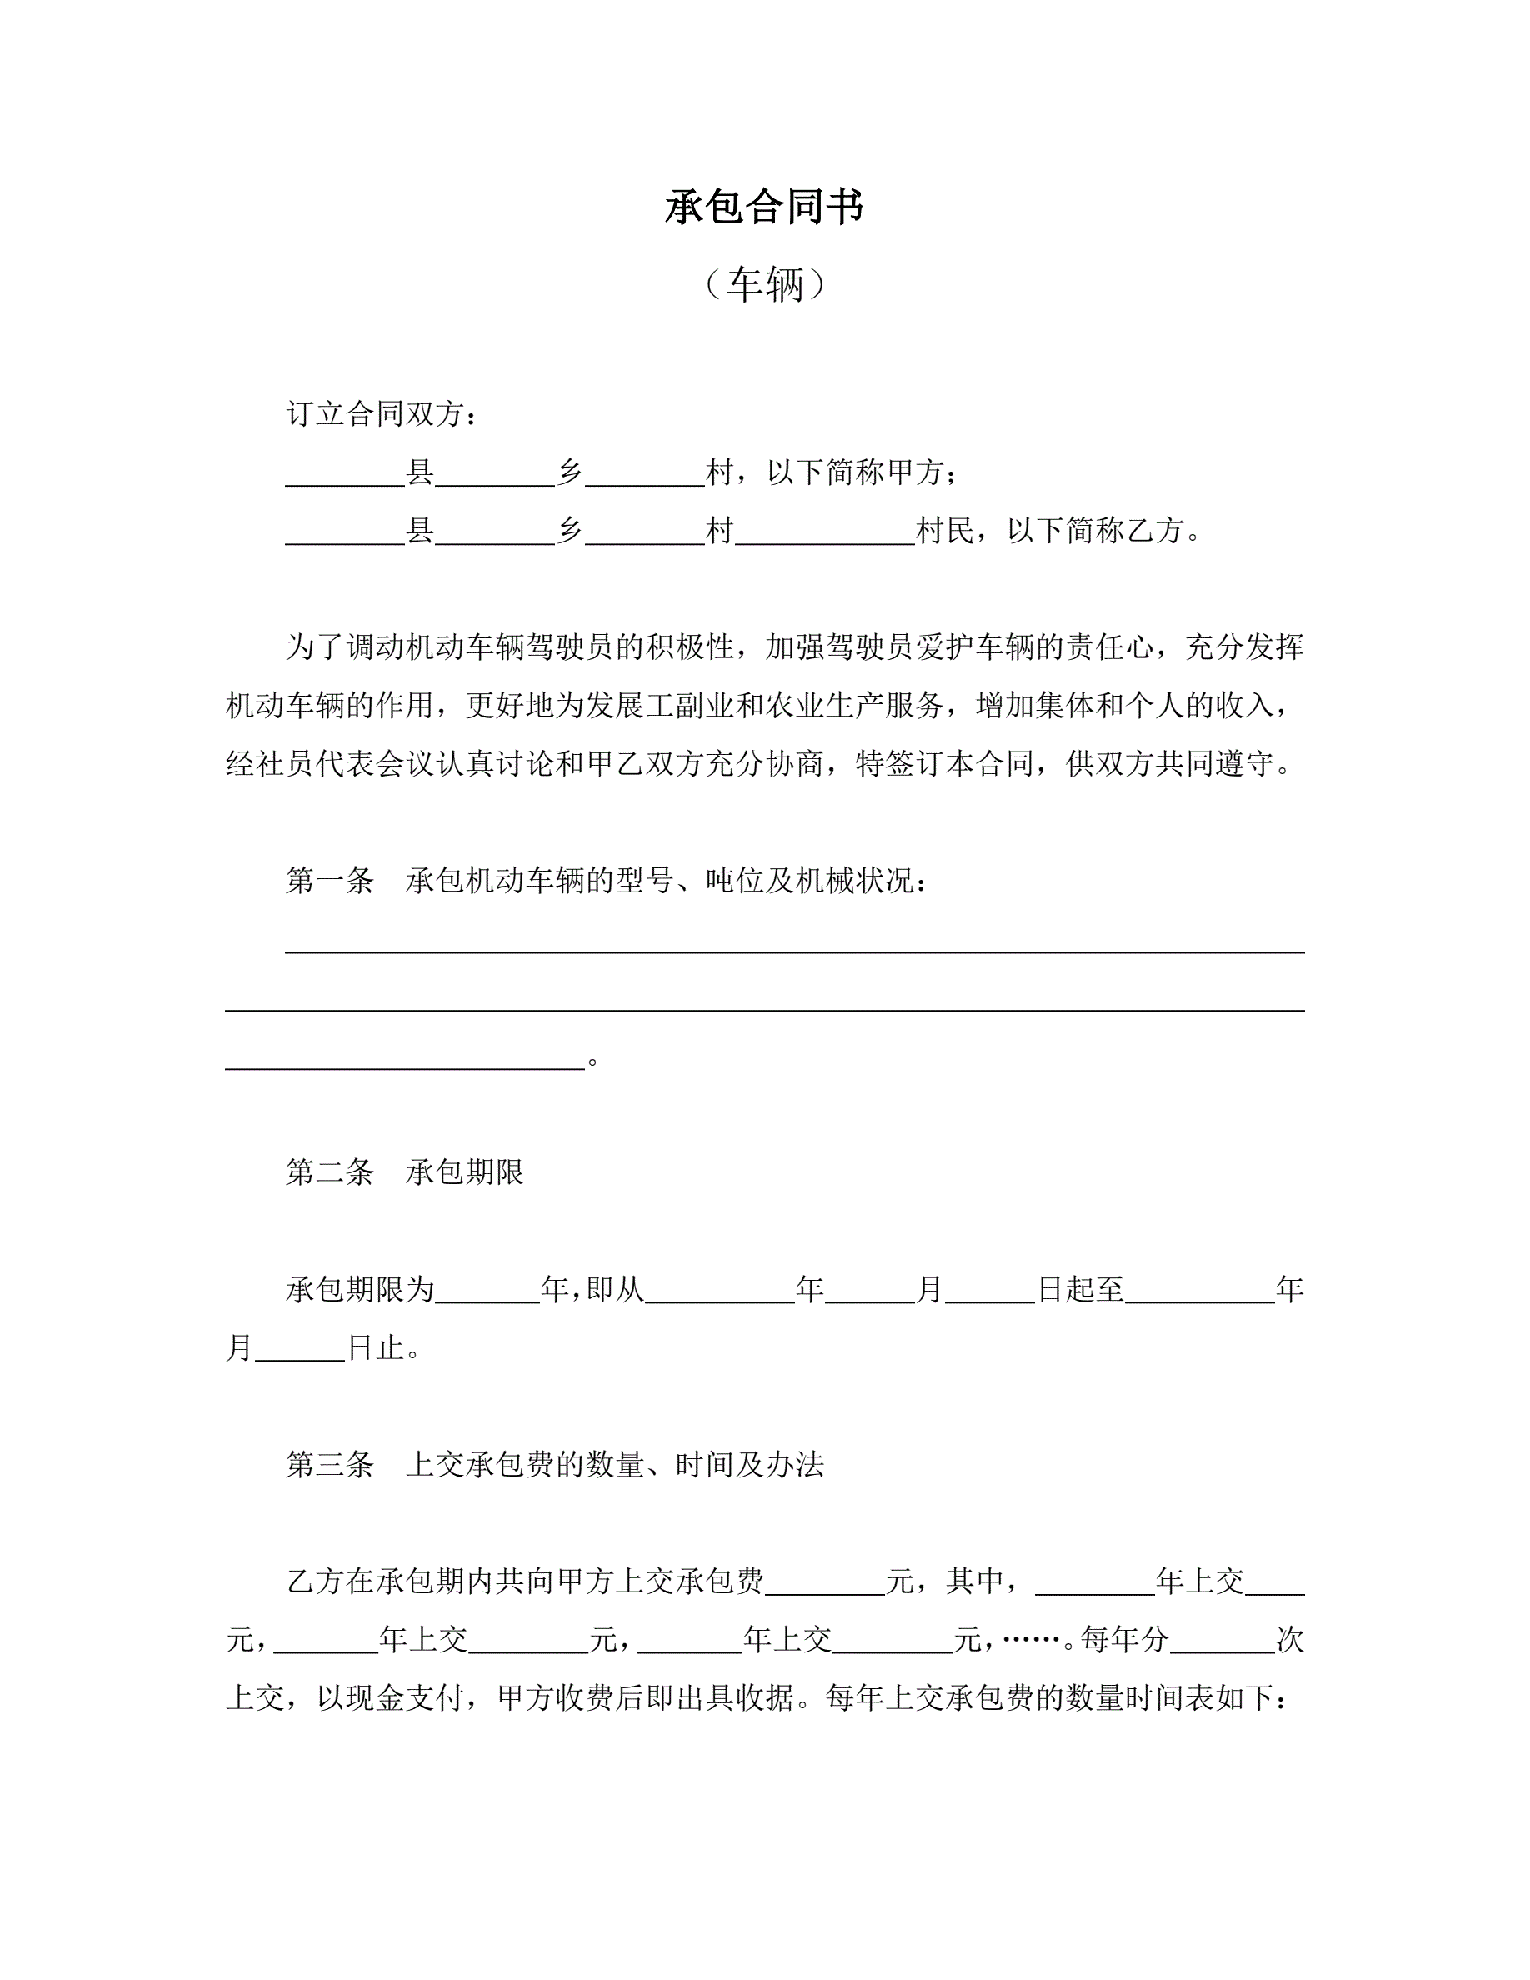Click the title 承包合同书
[x=764, y=207]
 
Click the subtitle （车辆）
[x=764, y=285]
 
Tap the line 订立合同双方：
[x=382, y=414]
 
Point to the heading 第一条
[x=330, y=880]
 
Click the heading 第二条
[x=330, y=1172]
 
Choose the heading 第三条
[x=330, y=1464]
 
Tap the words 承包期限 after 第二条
[x=465, y=1172]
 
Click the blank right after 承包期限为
[x=487, y=1291]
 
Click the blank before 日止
[x=300, y=1351]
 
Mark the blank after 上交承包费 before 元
[x=825, y=1582]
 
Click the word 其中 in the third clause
[x=975, y=1581]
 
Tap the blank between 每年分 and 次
[x=1222, y=1641]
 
